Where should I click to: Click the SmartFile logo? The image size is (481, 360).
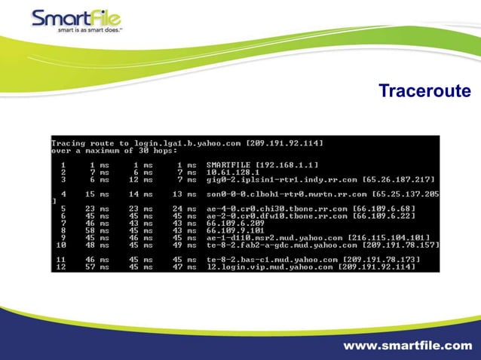pyautogui.click(x=75, y=18)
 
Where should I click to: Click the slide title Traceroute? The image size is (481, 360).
pyautogui.click(x=424, y=91)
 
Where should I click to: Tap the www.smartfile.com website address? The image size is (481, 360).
pyautogui.click(x=408, y=346)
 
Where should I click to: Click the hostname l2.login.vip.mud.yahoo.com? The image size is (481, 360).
pyautogui.click(x=270, y=267)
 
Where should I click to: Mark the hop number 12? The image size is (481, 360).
pyautogui.click(x=61, y=267)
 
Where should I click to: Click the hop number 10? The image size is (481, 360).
pyautogui.click(x=61, y=245)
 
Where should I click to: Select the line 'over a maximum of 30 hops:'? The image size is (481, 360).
pyautogui.click(x=112, y=151)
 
